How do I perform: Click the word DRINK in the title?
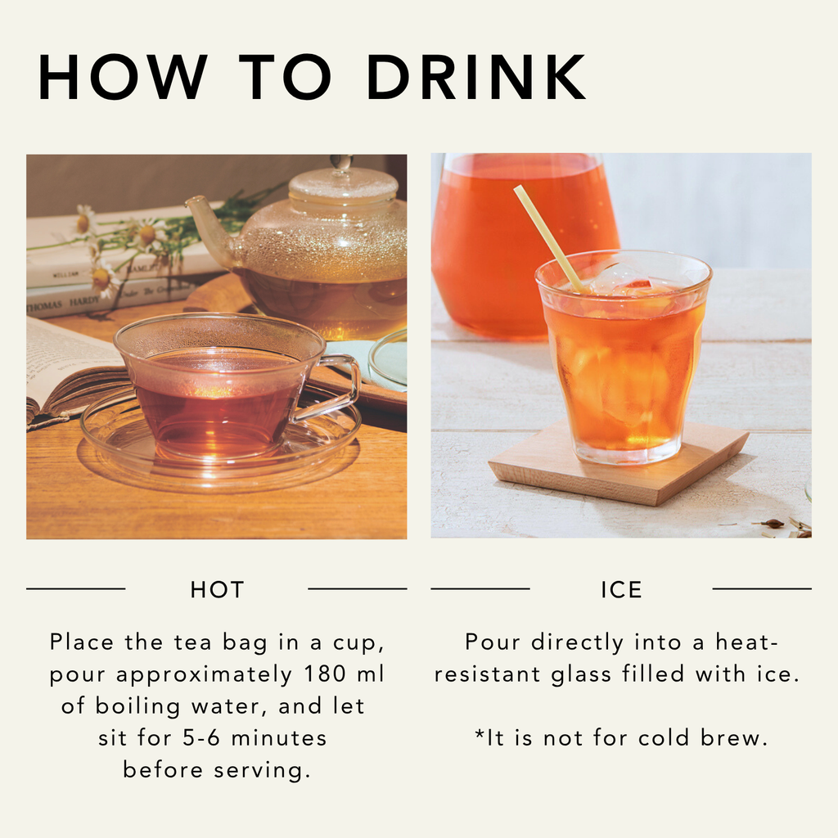pos(475,79)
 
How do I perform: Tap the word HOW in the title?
pos(123,79)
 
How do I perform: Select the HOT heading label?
pos(217,589)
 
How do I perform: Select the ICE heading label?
pos(621,589)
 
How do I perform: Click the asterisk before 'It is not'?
pos(480,736)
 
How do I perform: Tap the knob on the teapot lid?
pos(342,162)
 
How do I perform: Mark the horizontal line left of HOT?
pos(75,588)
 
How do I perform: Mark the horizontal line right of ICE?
pos(762,588)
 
